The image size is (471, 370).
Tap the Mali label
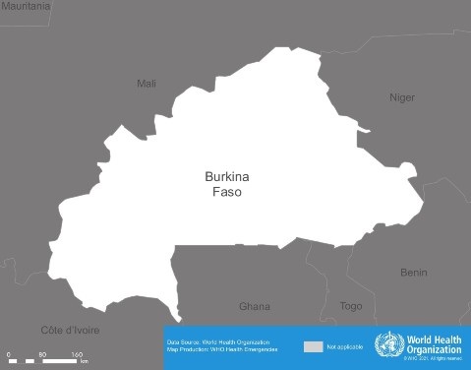pyautogui.click(x=147, y=84)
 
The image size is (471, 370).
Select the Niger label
pyautogui.click(x=402, y=97)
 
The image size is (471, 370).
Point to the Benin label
pyautogui.click(x=414, y=272)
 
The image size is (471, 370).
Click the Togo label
pyautogui.click(x=351, y=306)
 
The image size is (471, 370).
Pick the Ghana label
pyautogui.click(x=255, y=306)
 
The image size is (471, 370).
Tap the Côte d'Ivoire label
pyautogui.click(x=70, y=330)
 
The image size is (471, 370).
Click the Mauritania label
pyautogui.click(x=26, y=6)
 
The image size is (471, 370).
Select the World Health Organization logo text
pyautogui.click(x=435, y=343)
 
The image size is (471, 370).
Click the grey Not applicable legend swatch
pyautogui.click(x=313, y=347)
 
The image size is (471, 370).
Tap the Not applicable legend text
pyautogui.click(x=345, y=347)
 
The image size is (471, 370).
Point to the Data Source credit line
pyautogui.click(x=218, y=341)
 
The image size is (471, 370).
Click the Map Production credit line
pyautogui.click(x=222, y=349)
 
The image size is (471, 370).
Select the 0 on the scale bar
pyautogui.click(x=8, y=353)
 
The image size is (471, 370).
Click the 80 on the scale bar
pyautogui.click(x=42, y=353)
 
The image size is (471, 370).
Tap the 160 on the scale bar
pyautogui.click(x=76, y=353)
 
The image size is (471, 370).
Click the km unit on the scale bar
pyautogui.click(x=85, y=361)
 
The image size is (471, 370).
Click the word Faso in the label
pyautogui.click(x=227, y=193)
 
